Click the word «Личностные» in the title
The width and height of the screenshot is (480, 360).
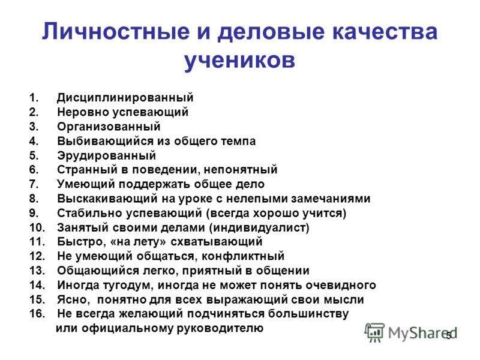point(116,32)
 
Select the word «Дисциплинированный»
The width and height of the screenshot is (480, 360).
point(125,98)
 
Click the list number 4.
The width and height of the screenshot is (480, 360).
point(34,141)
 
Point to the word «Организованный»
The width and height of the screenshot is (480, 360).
point(109,127)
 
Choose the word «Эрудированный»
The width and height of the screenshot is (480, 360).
point(107,155)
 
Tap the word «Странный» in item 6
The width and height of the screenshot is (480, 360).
point(87,170)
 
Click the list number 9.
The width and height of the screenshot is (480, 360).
point(34,213)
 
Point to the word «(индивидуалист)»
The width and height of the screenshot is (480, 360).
point(260,228)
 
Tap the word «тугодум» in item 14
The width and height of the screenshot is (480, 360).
point(127,286)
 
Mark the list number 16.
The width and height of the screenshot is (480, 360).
point(37,314)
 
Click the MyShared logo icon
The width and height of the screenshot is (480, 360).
point(374,332)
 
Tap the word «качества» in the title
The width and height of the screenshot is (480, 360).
point(385,32)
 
